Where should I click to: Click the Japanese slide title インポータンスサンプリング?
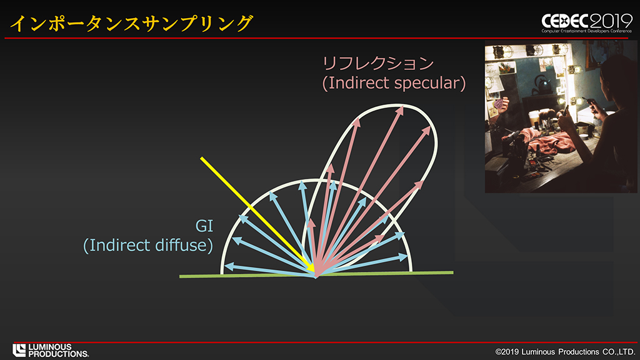[131, 23]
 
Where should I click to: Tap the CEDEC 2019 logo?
[586, 23]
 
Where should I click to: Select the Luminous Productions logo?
[50, 350]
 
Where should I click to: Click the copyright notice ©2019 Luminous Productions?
[565, 351]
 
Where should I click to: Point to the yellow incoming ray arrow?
[257, 215]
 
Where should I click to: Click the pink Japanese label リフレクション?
[377, 63]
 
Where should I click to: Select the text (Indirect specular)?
[394, 83]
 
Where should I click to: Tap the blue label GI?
[204, 226]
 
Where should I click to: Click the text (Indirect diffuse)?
[147, 245]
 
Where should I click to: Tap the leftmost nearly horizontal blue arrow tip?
[225, 266]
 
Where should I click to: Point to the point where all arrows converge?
[316, 276]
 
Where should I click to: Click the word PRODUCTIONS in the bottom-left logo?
[58, 354]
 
